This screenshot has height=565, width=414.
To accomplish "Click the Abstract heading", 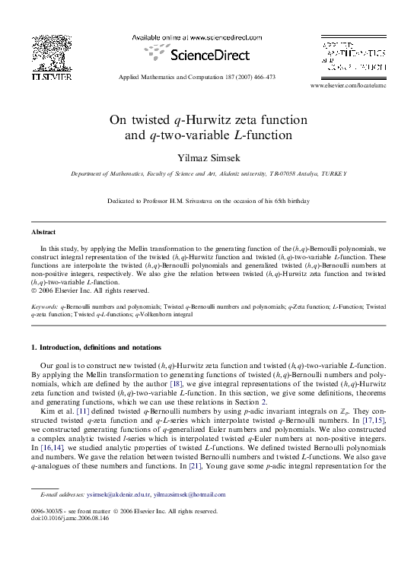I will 43,231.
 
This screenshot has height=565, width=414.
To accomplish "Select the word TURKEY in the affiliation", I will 332,173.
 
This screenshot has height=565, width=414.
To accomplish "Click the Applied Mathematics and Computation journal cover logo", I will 351,56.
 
